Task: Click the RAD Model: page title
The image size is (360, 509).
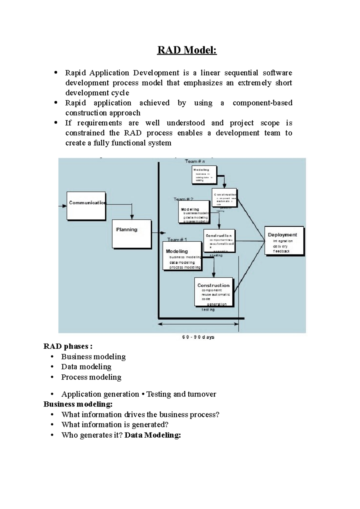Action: [x=187, y=50]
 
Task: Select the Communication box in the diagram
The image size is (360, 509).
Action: [x=86, y=206]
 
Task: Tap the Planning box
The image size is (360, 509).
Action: [x=131, y=234]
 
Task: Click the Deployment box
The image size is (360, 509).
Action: [x=284, y=240]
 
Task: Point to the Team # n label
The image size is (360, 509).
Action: [x=195, y=161]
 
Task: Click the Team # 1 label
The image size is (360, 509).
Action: [x=177, y=240]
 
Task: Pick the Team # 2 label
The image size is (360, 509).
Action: [x=183, y=199]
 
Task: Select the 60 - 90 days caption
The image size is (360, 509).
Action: [x=198, y=337]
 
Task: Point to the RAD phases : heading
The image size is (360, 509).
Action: [x=68, y=347]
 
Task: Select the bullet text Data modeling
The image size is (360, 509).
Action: [x=86, y=367]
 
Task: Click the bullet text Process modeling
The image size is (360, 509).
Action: [x=91, y=377]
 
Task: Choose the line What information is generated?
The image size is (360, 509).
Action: [x=115, y=424]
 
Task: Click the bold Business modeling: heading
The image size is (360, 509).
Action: [x=78, y=404]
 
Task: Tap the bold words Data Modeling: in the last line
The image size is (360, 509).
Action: [x=152, y=435]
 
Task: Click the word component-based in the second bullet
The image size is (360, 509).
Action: [x=262, y=103]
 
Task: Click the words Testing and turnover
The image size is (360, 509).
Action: [x=181, y=394]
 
